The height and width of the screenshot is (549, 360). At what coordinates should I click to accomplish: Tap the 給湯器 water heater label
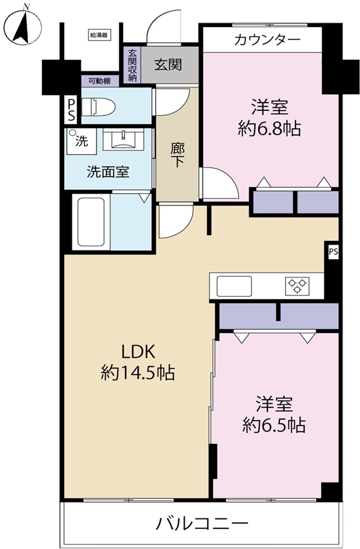coord(99,35)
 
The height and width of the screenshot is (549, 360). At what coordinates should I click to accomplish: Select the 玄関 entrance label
coord(168,65)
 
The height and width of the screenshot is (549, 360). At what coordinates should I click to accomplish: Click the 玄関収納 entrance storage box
coord(132,65)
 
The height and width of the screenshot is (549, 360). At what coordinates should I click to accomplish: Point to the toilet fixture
coord(98,107)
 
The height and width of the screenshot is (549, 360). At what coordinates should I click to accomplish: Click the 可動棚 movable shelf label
coord(99,81)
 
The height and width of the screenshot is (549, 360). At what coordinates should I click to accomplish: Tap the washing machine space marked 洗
coord(82,141)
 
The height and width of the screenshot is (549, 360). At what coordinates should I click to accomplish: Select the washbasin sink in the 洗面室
coord(123,140)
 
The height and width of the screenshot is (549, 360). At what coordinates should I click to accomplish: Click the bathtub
coord(91,222)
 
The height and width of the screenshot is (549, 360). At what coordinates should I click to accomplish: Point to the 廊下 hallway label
coord(177,155)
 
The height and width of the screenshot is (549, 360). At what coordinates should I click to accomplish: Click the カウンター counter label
coord(267,40)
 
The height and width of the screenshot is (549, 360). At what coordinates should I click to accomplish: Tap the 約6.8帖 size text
coord(269,129)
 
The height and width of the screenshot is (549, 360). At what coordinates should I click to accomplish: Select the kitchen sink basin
coord(234,286)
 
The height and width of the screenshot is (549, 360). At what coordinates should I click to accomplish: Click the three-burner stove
coord(297,285)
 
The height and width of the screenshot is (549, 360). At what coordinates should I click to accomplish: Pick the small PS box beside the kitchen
coord(333,251)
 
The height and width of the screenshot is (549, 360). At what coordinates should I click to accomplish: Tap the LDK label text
coord(138,352)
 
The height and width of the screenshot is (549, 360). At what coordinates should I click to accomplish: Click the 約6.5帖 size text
coord(274,426)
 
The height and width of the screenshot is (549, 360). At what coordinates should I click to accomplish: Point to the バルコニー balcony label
coord(202,524)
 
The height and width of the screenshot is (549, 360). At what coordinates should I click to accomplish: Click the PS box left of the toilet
coord(71,110)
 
